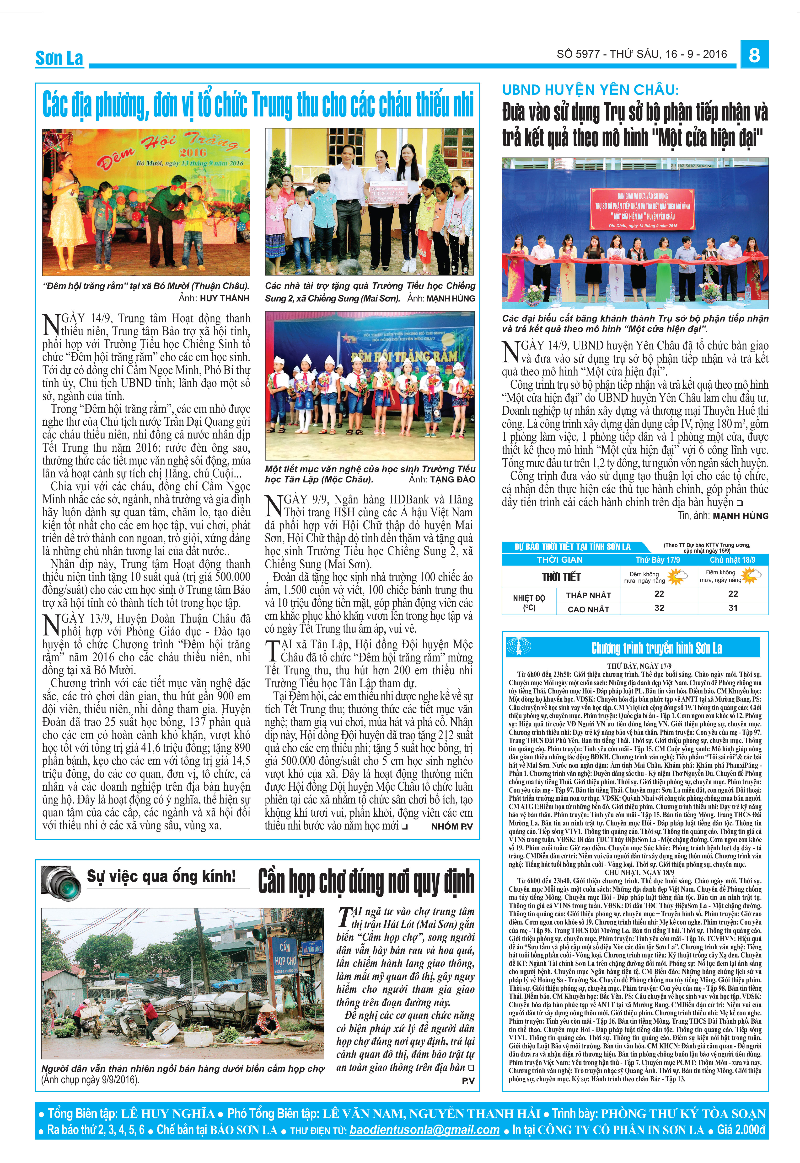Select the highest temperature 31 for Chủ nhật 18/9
733,608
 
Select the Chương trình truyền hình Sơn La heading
656,648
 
